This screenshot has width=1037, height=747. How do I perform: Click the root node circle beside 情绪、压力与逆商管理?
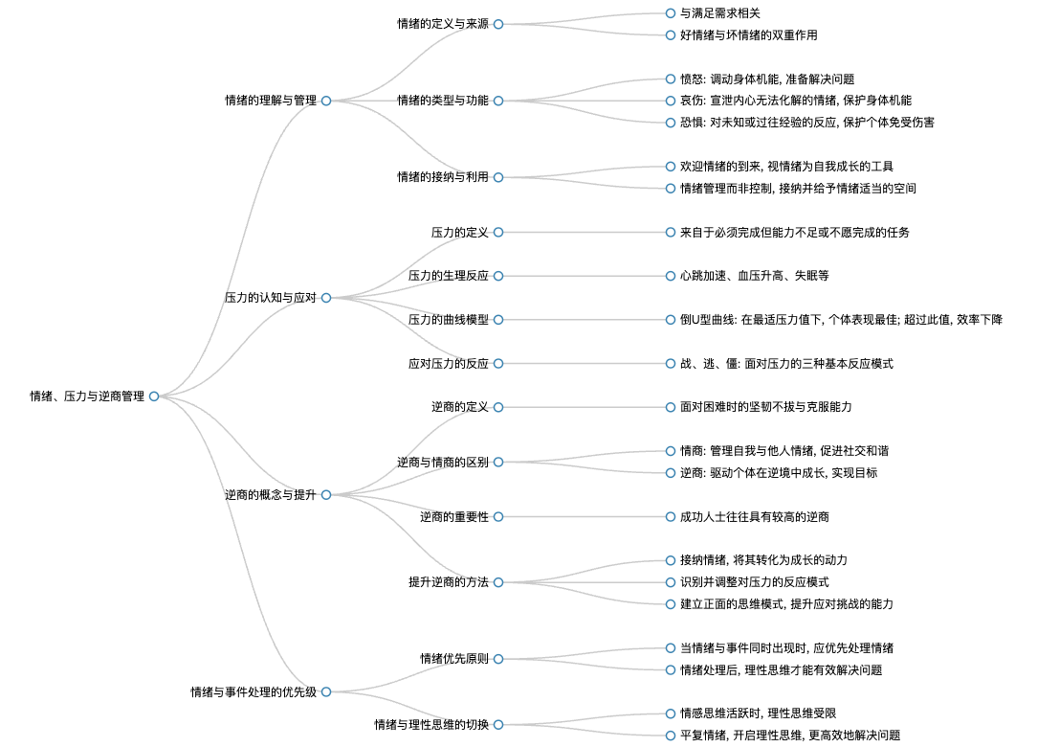pos(154,396)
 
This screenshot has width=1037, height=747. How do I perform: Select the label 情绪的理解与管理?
pos(271,101)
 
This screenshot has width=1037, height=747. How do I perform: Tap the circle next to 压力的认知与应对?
pos(326,298)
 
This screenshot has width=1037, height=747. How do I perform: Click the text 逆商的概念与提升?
pos(271,495)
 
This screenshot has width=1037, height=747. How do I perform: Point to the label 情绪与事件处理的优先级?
pos(254,692)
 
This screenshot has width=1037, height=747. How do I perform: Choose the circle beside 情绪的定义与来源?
pos(498,24)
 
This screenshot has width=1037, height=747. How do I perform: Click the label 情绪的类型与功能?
pos(443,101)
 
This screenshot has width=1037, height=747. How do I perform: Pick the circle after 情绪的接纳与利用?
pos(498,177)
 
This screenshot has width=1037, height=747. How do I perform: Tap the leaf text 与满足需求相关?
pos(720,13)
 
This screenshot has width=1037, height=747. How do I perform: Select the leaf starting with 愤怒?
pos(767,79)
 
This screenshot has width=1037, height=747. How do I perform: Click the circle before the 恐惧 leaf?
pos(671,123)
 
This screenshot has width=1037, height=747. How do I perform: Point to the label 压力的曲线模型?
pos(449,320)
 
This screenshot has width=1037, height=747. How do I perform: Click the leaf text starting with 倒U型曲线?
pos(841,320)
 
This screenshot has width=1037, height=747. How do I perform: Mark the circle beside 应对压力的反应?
pos(498,364)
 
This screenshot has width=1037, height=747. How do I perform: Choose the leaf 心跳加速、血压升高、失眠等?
pos(755,276)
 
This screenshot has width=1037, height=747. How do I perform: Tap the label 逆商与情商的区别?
pos(443,463)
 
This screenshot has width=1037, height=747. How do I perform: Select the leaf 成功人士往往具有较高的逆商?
pos(755,517)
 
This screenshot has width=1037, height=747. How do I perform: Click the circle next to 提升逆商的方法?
pos(498,583)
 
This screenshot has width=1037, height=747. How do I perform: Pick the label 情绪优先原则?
pos(454,659)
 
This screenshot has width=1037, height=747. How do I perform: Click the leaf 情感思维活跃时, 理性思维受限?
pos(759,713)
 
